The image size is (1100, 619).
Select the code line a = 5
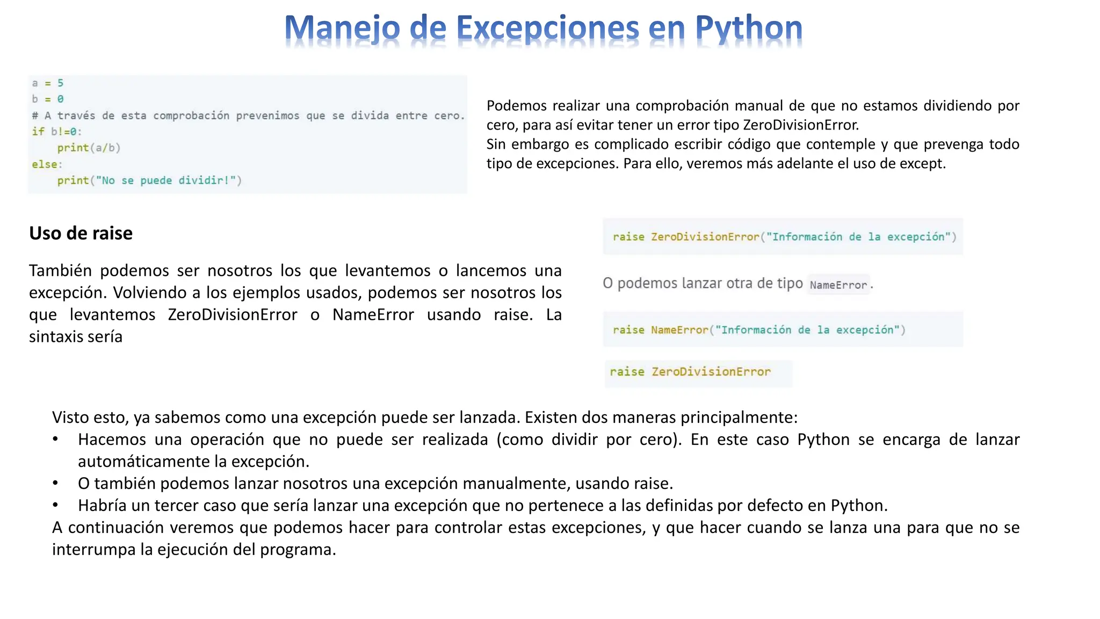click(x=48, y=83)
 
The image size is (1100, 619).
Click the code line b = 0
click(x=48, y=99)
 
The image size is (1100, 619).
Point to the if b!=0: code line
click(x=56, y=132)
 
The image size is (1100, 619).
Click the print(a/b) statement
click(x=89, y=148)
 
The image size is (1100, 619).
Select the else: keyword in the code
click(x=47, y=164)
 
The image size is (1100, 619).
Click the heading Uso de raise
click(x=81, y=233)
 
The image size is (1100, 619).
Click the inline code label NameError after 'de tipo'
click(x=838, y=285)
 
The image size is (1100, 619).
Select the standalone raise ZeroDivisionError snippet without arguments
click(x=690, y=372)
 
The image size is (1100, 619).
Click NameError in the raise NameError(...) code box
click(x=679, y=330)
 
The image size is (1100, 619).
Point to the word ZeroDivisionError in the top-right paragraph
click(x=800, y=125)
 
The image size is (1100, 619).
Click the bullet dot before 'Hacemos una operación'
click(x=55, y=440)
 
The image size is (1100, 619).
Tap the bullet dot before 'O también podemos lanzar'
click(x=55, y=484)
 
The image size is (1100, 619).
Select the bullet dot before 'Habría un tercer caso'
click(x=55, y=506)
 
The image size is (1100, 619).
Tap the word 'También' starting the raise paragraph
click(x=60, y=271)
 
